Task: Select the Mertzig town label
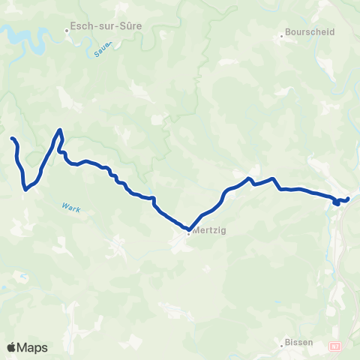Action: point(209,231)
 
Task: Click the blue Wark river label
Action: point(71,208)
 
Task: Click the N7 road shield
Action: point(334,345)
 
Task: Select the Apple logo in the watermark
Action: point(12,347)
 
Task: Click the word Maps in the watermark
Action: point(33,347)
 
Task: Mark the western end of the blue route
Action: point(11,139)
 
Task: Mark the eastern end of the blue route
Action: point(348,198)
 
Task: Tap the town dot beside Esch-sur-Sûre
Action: point(68,31)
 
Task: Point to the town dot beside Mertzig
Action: point(188,232)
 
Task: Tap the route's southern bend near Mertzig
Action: point(187,229)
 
